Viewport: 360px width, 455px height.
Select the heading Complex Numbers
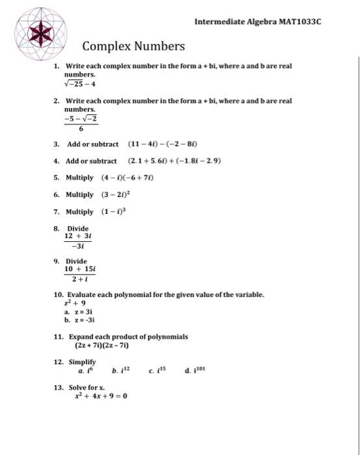(133, 46)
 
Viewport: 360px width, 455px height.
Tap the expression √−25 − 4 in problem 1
(80, 83)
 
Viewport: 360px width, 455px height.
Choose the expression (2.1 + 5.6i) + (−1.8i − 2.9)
(175, 161)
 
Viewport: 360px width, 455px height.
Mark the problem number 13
(58, 387)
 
